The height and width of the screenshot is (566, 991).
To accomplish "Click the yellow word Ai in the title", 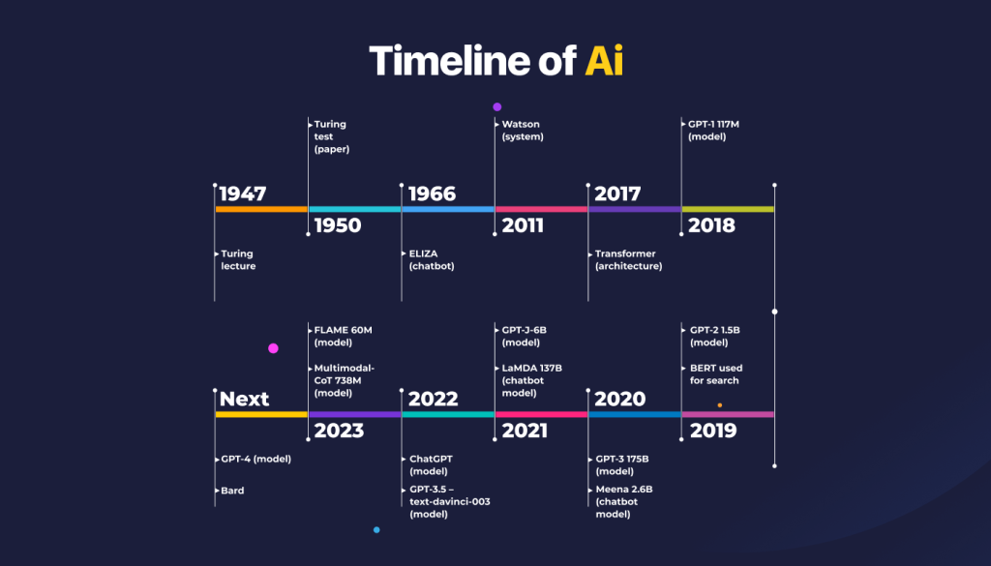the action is pos(604,61).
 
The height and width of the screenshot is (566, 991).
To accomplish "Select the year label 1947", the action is pos(243,194).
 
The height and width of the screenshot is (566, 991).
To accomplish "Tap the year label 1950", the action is pos(338,225).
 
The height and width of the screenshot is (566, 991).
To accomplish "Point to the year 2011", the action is pos(523,225).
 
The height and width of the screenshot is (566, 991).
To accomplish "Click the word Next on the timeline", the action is pos(244,400).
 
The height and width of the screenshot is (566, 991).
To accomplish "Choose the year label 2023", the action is pos(339,431).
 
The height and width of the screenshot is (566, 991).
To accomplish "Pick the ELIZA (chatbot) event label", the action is pos(431,259).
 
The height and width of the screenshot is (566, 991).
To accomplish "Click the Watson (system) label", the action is pos(523,130).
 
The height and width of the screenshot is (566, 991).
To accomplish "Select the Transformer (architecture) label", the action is pos(628,259).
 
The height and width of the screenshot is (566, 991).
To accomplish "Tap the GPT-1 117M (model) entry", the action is pos(713,130).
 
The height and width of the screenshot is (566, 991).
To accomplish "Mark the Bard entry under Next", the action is pos(232,491).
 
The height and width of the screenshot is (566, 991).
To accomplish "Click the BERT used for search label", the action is pos(716,374).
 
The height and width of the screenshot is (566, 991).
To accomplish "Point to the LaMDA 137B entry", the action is pos(531,380).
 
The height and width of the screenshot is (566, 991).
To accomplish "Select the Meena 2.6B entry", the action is pos(624,501).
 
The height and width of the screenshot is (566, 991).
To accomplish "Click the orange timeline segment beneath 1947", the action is pos(261,209).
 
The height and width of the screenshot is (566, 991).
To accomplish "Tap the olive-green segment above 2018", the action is pos(728,209).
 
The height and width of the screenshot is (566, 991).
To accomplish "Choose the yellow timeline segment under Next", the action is pos(261,414).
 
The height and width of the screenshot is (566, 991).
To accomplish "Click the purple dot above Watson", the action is pos(496,106).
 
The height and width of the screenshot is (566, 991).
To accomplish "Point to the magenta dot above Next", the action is pos(273,348).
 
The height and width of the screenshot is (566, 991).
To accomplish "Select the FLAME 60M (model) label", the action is pos(343,336).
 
